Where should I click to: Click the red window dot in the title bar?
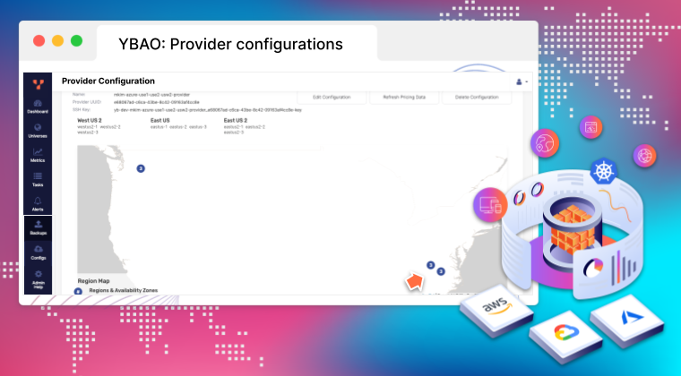pos(39,41)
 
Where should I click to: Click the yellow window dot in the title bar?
pos(57,41)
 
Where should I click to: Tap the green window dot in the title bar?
pos(76,41)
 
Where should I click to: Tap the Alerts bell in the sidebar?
pos(38,203)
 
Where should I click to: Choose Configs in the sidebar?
pos(38,252)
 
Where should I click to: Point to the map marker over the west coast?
pos(140,168)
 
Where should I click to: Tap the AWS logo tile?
pos(496,308)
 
